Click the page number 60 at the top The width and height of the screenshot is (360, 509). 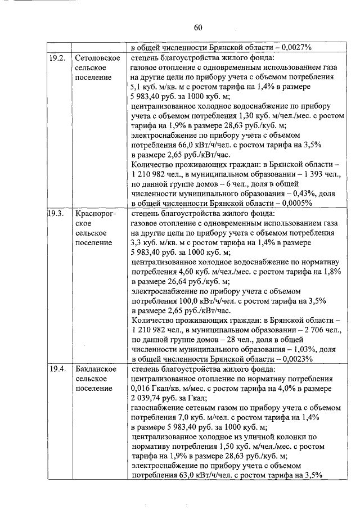click(197, 28)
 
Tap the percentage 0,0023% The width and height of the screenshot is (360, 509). click(292, 359)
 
